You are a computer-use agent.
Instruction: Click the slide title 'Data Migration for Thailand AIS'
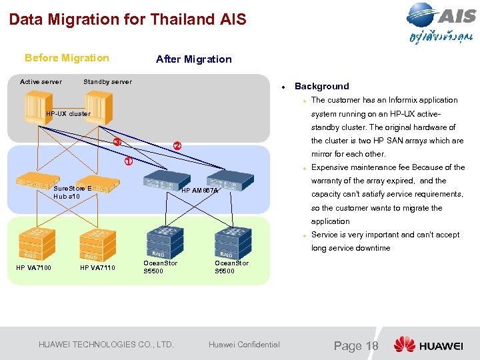pos(127,19)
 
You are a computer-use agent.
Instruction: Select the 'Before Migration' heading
pos(67,58)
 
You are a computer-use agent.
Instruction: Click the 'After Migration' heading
pos(193,59)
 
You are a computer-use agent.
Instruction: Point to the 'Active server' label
pos(41,82)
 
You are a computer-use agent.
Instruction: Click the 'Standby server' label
pos(107,82)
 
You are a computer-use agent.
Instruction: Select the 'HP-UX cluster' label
pos(68,114)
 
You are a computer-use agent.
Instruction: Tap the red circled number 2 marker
pos(177,146)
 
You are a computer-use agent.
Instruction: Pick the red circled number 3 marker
pos(117,141)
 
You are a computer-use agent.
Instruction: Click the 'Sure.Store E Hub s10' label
pos(71,193)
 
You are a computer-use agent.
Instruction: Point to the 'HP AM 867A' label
pos(200,191)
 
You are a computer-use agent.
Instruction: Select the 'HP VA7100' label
pos(33,268)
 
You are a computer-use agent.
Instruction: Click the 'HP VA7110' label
pos(97,268)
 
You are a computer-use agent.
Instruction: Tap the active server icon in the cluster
pos(37,104)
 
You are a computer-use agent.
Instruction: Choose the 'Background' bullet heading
pos(321,86)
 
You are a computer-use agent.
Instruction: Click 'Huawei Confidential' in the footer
pos(244,345)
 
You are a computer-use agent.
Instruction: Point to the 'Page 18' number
pos(356,345)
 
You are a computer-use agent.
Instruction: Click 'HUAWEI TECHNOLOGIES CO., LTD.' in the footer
pos(106,345)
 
